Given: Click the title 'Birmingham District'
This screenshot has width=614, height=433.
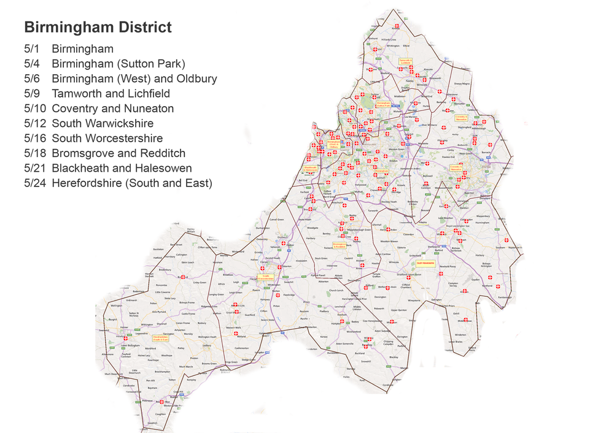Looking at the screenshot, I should coord(97,28).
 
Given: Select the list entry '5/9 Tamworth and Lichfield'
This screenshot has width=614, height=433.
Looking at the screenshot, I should coord(111,94).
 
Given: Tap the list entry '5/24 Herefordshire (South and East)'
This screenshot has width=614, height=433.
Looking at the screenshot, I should coord(132,183).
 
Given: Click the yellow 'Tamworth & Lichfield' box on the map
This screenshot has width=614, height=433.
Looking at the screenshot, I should coord(405,61).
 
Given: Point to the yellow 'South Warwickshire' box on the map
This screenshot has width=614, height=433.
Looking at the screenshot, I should coord(426,263).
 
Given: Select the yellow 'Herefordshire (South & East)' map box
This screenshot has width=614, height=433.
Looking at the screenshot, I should coord(160,337).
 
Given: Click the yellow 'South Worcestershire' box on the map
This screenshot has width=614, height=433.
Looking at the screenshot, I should coord(265,277).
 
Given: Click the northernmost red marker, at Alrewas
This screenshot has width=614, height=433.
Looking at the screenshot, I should coord(397,26).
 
